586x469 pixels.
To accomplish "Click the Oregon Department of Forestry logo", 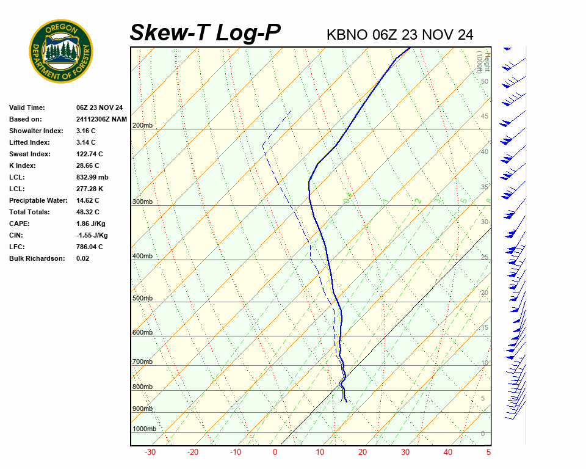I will [x=61, y=51].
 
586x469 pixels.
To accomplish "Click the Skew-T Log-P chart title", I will [x=205, y=33].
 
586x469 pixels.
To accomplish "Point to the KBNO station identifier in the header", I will [x=347, y=35].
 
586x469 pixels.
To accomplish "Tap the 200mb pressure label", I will [x=142, y=126].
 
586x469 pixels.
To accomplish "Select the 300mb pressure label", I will [x=142, y=202].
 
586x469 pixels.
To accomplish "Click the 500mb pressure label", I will [x=142, y=298].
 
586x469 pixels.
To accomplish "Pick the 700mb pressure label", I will [x=142, y=362].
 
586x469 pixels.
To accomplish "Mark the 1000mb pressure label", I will [x=145, y=429].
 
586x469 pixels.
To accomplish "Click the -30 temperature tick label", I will [x=150, y=453].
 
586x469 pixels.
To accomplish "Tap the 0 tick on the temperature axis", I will [x=275, y=453].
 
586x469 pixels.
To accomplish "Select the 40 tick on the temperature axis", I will [x=448, y=453].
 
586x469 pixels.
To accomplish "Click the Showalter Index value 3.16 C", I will [x=86, y=131].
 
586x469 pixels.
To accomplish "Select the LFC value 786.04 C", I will [x=90, y=247].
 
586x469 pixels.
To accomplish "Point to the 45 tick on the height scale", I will [x=485, y=117].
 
